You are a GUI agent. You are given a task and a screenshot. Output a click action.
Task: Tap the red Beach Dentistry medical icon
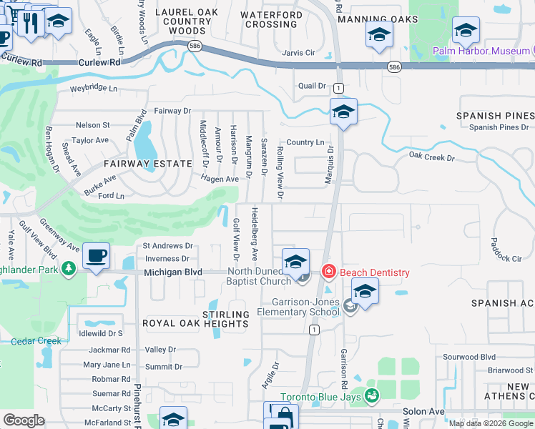pos(328,272)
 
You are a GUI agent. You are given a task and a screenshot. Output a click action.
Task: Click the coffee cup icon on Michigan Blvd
pos(95,255)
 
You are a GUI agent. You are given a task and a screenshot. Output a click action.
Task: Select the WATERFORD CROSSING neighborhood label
pos(270,19)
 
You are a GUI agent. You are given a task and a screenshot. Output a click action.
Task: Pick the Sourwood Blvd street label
pos(469,357)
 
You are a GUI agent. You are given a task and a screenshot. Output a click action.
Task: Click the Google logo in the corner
pos(24,420)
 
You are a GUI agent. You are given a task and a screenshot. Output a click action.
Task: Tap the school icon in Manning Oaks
pos(378,34)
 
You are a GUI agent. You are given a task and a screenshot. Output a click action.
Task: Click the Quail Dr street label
pos(312,86)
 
